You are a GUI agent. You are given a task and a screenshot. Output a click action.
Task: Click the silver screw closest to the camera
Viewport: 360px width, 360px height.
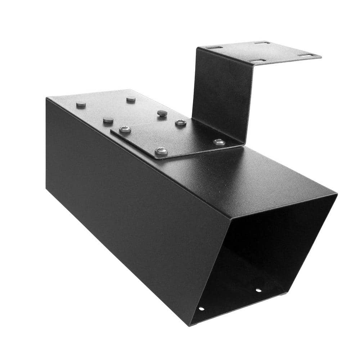tap(161, 151)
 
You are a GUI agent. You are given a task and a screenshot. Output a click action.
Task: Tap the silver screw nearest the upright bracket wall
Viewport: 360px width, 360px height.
tap(219, 142)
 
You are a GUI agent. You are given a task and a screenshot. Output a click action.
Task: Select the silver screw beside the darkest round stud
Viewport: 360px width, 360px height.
tap(181, 123)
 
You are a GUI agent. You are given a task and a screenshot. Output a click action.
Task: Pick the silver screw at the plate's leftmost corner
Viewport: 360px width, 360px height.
tap(125, 129)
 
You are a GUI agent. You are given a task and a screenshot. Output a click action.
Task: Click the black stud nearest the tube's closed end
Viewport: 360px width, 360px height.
tap(81, 105)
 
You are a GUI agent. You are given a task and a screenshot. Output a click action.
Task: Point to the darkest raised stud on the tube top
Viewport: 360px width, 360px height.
tap(162, 113)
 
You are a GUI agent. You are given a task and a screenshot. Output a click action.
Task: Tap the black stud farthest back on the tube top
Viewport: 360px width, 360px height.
tap(131, 99)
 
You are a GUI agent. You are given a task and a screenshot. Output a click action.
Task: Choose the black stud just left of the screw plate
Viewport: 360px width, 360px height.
tap(108, 120)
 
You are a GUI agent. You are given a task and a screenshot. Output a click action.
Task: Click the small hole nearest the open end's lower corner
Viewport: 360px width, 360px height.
tap(201, 309)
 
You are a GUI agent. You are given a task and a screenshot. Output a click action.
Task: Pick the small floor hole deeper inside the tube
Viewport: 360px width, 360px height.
tap(258, 290)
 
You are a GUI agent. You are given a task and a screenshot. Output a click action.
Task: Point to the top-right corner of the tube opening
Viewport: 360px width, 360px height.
tap(336, 194)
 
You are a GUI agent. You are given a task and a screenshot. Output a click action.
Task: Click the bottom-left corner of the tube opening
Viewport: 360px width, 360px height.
tap(190, 325)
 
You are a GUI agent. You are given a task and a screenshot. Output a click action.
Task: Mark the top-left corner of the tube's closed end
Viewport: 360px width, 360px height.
tap(46, 98)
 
